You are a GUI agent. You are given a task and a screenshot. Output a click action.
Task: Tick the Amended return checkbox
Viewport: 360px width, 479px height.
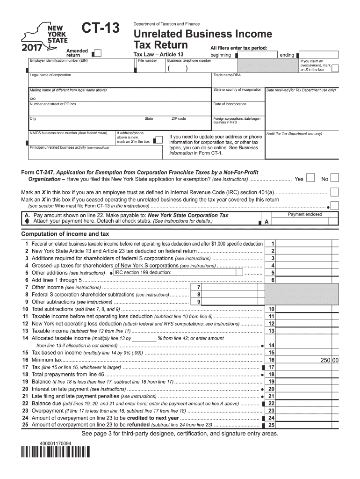pos(99,52)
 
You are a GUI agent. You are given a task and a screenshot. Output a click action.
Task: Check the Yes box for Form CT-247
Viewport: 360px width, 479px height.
pos(310,178)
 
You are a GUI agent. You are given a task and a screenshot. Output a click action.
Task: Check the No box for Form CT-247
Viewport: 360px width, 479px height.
pos(335,178)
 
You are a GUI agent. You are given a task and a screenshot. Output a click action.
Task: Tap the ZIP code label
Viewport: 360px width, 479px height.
pos(179,119)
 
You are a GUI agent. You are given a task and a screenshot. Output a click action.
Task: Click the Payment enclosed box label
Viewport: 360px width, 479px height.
pos(305,214)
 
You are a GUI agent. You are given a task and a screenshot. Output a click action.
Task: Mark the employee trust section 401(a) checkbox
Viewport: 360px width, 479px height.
pos(334,192)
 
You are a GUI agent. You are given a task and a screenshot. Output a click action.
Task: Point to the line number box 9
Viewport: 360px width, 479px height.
pos(199,302)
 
